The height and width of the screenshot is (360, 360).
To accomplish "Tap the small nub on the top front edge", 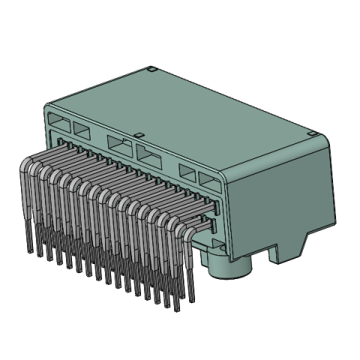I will coord(138,133).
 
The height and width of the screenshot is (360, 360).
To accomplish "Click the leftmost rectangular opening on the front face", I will coord(57,119).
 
